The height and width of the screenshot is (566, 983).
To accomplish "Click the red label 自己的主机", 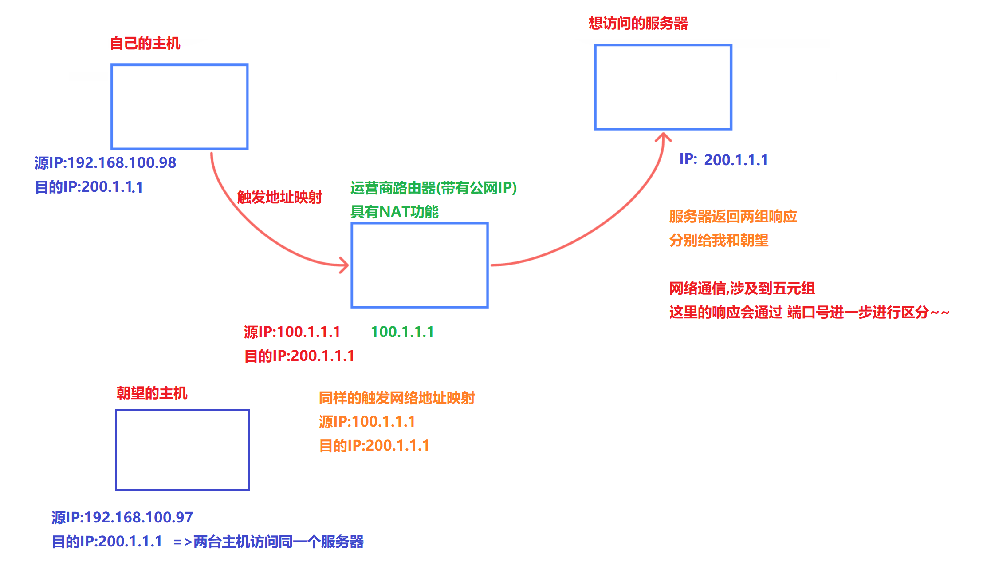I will [x=145, y=44].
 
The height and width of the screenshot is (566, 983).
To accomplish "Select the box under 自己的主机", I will [x=179, y=107].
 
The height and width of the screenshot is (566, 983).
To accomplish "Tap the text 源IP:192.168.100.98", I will [x=106, y=163].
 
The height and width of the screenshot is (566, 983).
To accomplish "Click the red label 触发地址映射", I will [x=279, y=197].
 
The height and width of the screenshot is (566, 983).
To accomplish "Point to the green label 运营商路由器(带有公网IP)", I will [x=433, y=188].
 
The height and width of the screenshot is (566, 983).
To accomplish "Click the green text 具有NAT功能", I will [x=394, y=212].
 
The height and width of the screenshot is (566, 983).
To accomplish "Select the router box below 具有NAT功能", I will [x=420, y=265].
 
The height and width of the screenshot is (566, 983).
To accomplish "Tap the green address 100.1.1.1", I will [x=402, y=332].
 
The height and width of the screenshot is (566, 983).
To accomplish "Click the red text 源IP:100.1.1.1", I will [x=292, y=332].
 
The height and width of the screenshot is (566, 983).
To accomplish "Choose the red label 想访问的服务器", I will [x=638, y=23].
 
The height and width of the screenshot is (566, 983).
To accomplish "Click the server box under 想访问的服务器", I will [x=663, y=87].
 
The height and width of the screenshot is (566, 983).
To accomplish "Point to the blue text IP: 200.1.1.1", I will [x=723, y=159].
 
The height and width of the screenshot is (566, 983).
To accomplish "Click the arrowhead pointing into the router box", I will [x=345, y=265].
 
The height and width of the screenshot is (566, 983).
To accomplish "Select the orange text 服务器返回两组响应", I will [x=733, y=217].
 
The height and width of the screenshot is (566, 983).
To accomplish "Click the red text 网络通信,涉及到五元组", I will [x=742, y=289].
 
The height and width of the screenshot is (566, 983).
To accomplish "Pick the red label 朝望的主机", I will [x=152, y=393].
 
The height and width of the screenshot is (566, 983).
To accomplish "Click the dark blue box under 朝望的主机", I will [x=182, y=450].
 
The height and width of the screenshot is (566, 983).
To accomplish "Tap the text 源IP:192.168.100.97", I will [x=122, y=518].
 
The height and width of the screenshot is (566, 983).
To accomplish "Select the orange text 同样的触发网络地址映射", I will [x=397, y=398].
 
